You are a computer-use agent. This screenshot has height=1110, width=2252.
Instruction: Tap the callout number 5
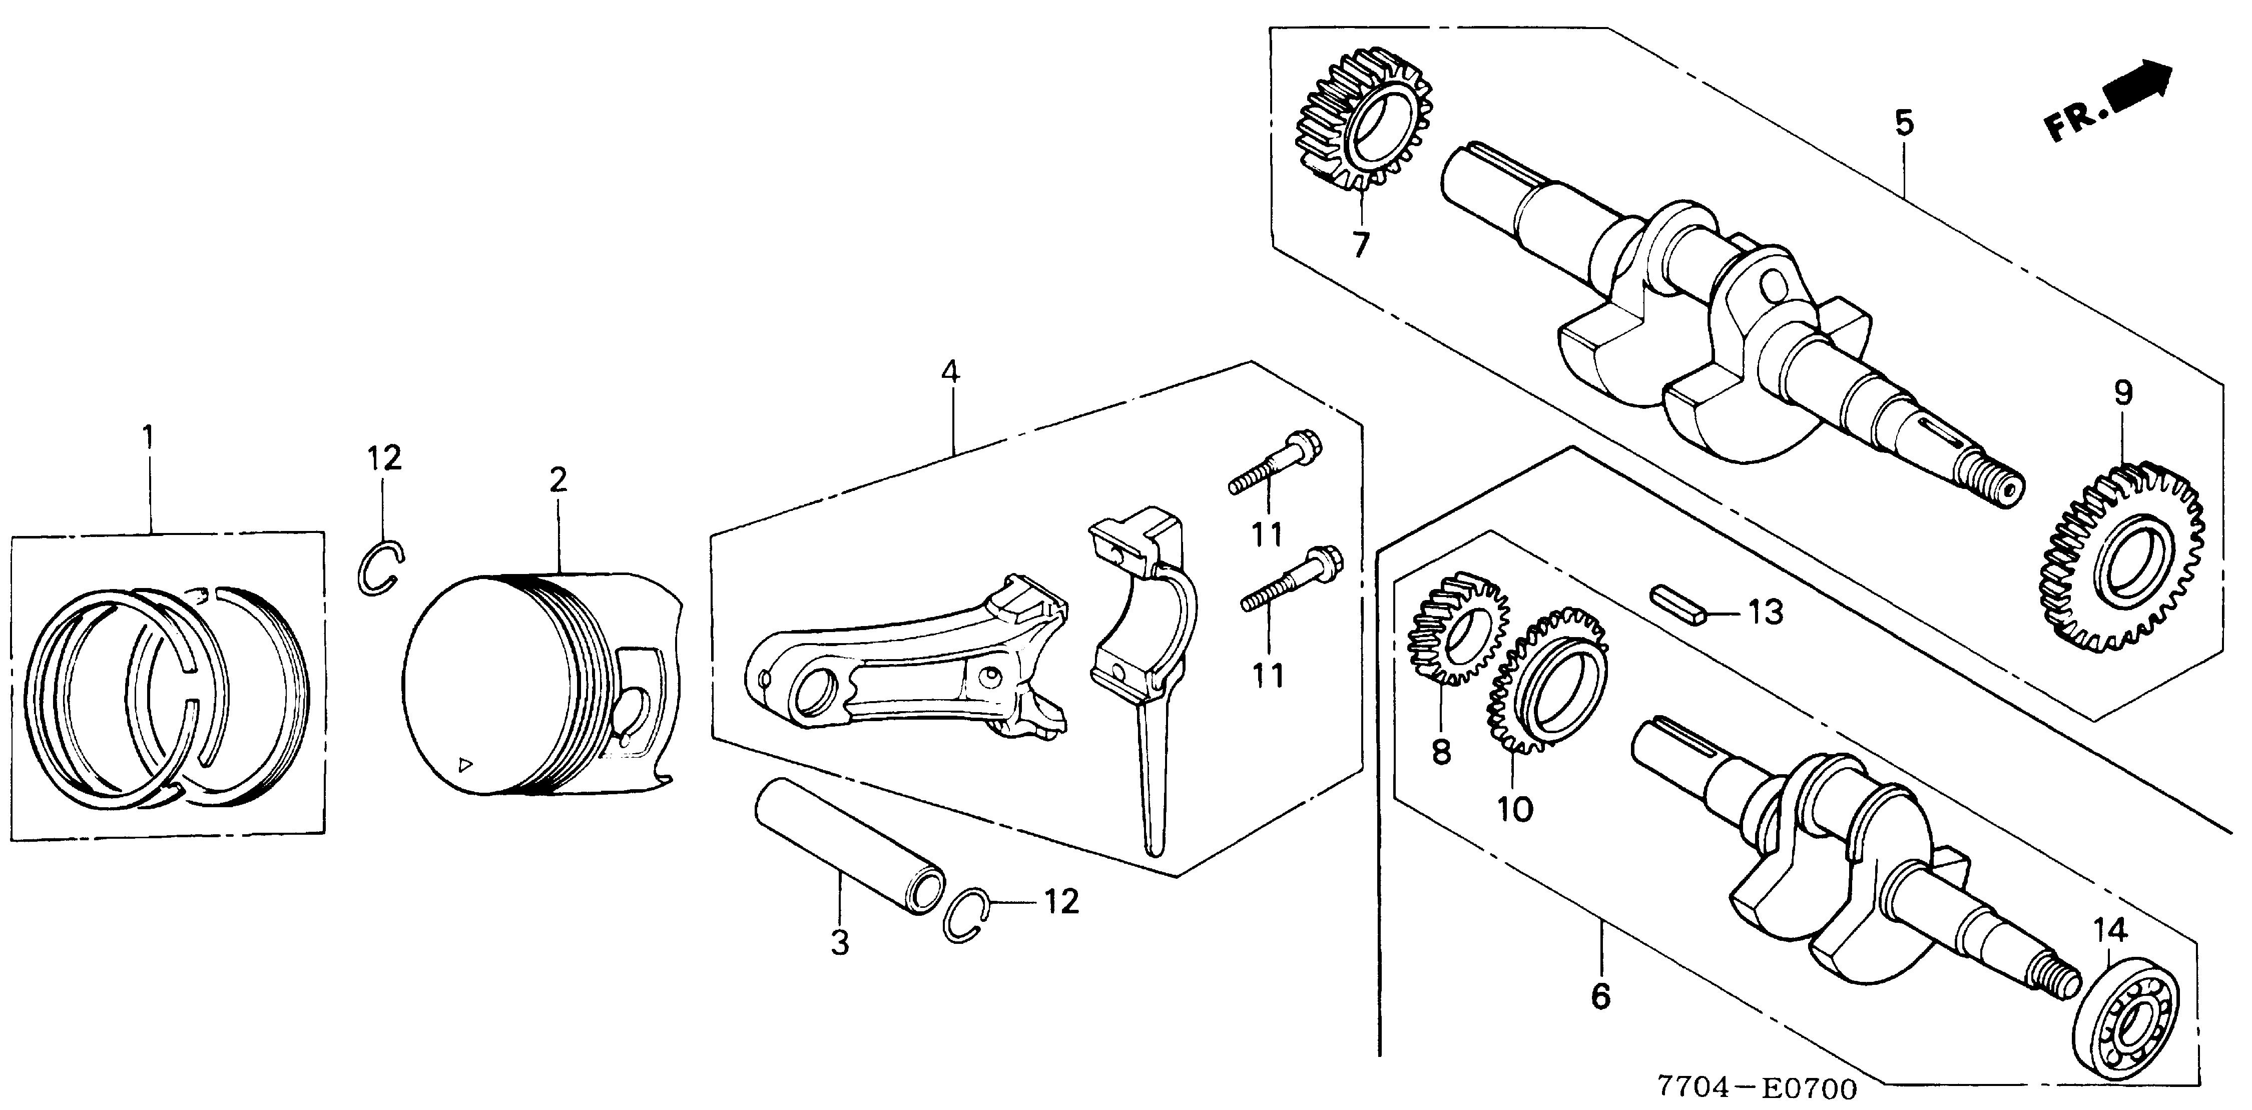tap(1904, 123)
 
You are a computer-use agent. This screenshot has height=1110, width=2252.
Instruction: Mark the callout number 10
tap(1515, 808)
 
